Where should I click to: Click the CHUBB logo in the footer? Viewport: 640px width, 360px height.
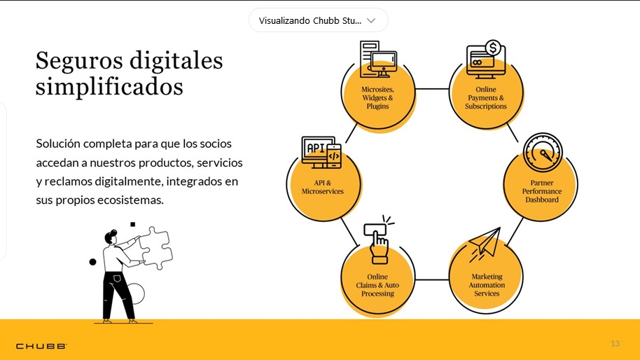[41, 346]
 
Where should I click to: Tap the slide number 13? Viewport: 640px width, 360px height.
[615, 344]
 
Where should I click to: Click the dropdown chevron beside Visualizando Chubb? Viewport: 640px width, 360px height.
[371, 20]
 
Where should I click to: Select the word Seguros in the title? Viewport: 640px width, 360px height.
[79, 62]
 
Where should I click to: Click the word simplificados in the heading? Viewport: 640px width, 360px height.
[109, 87]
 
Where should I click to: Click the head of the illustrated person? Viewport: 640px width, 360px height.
[111, 237]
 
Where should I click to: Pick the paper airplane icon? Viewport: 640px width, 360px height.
[485, 244]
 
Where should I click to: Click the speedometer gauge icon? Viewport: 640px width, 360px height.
[543, 152]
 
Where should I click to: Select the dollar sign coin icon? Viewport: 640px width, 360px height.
[493, 48]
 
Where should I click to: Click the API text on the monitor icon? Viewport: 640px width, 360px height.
[316, 148]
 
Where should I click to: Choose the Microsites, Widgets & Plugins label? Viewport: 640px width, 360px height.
[377, 98]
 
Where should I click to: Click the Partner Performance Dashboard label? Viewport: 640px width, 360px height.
[542, 191]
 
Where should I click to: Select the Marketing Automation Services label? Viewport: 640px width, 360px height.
[487, 285]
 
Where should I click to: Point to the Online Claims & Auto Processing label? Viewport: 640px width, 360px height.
[377, 285]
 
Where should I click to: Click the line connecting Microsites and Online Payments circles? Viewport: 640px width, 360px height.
[432, 88]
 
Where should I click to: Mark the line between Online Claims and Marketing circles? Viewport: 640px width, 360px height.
[432, 279]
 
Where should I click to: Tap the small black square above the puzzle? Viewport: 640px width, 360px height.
[132, 224]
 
